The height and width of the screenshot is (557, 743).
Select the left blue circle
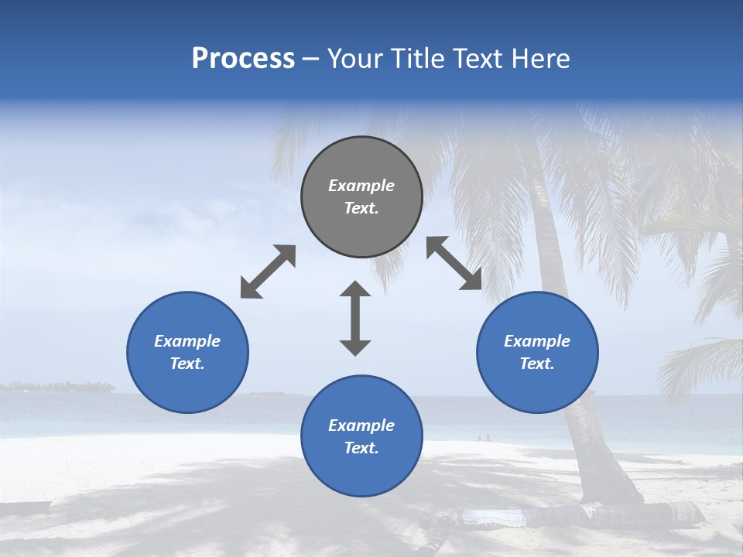click(187, 352)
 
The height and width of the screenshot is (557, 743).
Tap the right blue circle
click(537, 352)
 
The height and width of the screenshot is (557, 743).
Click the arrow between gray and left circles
click(268, 272)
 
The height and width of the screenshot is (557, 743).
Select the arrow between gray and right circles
click(454, 263)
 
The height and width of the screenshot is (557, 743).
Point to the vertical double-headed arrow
click(355, 318)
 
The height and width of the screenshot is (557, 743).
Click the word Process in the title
click(243, 58)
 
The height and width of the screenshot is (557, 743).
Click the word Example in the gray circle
click(361, 186)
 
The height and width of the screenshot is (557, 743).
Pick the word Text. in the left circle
click(187, 364)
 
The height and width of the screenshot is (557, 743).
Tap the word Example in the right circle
click(537, 341)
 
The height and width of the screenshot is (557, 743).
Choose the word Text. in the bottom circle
click(361, 448)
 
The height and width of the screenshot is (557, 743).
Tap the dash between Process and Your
click(310, 59)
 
